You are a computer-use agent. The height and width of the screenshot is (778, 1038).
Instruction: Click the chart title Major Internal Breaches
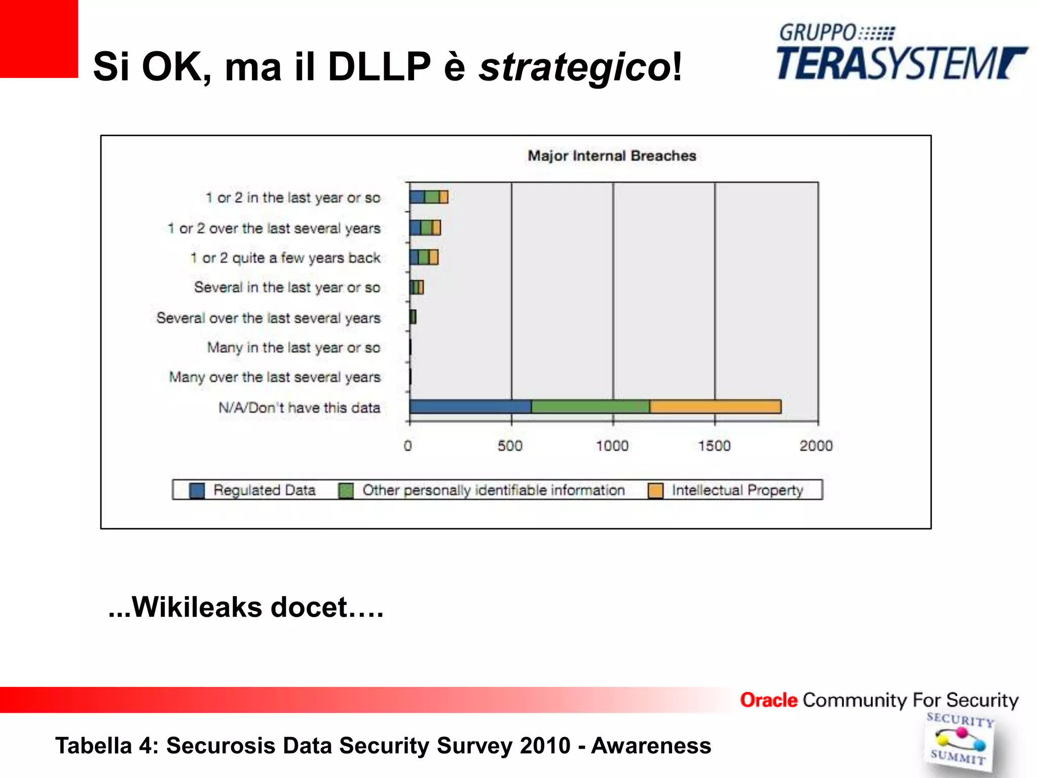[612, 155]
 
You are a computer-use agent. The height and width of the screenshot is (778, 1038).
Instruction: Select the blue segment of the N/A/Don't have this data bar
[470, 407]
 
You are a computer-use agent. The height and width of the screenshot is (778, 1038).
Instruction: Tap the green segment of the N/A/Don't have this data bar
[590, 407]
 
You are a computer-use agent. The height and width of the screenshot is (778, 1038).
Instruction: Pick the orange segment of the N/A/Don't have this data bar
[715, 407]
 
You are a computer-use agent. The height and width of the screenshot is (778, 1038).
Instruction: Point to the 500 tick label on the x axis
[510, 446]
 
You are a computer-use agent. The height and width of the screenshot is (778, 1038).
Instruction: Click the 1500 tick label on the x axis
[714, 446]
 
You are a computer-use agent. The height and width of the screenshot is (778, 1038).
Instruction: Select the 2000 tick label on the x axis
[816, 446]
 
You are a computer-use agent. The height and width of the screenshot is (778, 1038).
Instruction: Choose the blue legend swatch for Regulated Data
[197, 490]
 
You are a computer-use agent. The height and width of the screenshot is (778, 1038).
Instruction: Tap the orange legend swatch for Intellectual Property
[656, 490]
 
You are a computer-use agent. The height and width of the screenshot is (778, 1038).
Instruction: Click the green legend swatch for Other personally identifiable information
[346, 490]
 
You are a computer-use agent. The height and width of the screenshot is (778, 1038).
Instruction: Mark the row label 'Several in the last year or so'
[287, 287]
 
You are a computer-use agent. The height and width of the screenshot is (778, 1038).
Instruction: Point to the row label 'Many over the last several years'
[275, 377]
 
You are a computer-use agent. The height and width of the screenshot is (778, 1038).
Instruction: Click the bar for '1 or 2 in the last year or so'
[429, 197]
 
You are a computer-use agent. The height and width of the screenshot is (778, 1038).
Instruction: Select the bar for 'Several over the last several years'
[413, 317]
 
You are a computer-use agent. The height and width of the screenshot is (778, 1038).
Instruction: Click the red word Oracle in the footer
[768, 700]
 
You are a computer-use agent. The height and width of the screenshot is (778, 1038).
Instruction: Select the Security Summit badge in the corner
[959, 742]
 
